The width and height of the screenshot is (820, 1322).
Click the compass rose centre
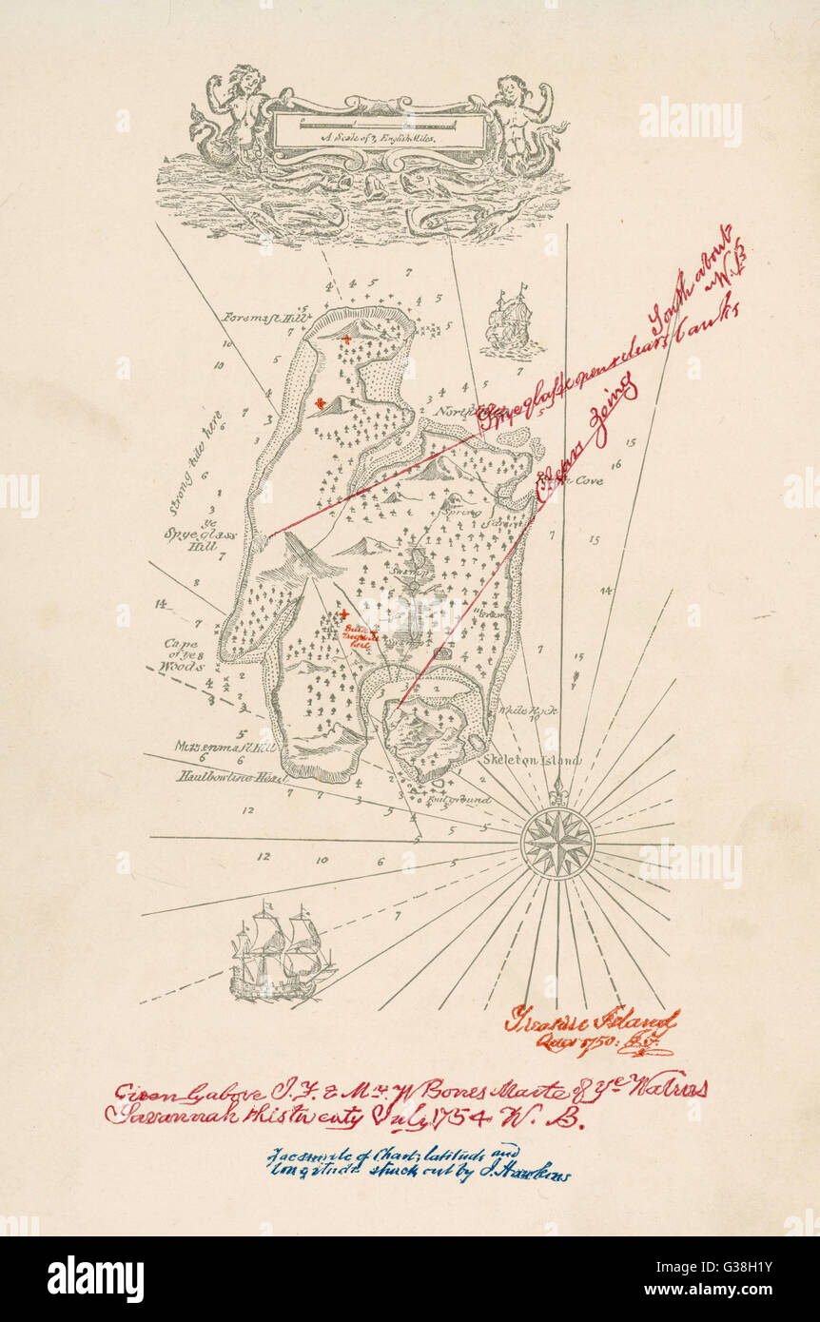click(557, 843)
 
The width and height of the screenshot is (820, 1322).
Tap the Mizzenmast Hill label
click(225, 747)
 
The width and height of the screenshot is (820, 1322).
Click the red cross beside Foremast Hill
click(349, 340)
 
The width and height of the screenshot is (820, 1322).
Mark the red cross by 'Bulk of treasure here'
click(344, 615)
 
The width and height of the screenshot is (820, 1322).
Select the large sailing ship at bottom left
click(282, 951)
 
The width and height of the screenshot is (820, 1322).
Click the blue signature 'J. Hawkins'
click(534, 1175)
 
